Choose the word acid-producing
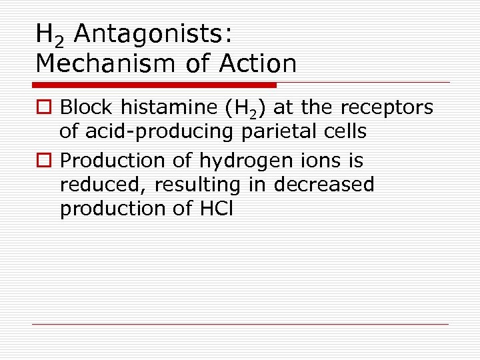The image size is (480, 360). pyautogui.click(x=159, y=132)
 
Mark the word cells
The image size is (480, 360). pyautogui.click(x=341, y=131)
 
